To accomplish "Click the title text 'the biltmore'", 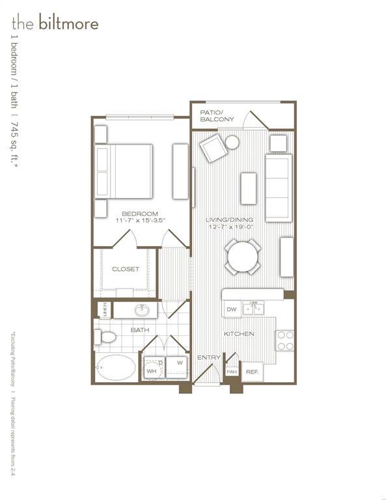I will pyautogui.click(x=55, y=24).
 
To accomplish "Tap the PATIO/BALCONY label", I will pyautogui.click(x=217, y=116).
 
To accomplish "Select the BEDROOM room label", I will pyautogui.click(x=140, y=214).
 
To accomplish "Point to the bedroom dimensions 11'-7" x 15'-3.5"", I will pyautogui.click(x=140, y=221).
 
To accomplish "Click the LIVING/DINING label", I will pyautogui.click(x=230, y=220).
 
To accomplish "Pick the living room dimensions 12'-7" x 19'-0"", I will pyautogui.click(x=230, y=228).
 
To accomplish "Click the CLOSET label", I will pyautogui.click(x=126, y=269).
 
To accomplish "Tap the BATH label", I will pyautogui.click(x=140, y=330).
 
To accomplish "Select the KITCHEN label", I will pyautogui.click(x=239, y=334).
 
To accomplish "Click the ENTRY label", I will pyautogui.click(x=209, y=357).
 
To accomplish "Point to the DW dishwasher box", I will pyautogui.click(x=231, y=310).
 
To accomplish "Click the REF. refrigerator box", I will pyautogui.click(x=253, y=372).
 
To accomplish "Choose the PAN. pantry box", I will pyautogui.click(x=232, y=372).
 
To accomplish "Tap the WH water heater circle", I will pyautogui.click(x=152, y=369).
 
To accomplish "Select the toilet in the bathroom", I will pyautogui.click(x=106, y=337).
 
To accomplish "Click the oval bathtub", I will pyautogui.click(x=117, y=368).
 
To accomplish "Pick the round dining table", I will pyautogui.click(x=243, y=257).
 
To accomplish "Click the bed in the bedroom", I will pyautogui.click(x=124, y=171).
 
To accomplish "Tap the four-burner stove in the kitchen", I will pyautogui.click(x=285, y=340).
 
